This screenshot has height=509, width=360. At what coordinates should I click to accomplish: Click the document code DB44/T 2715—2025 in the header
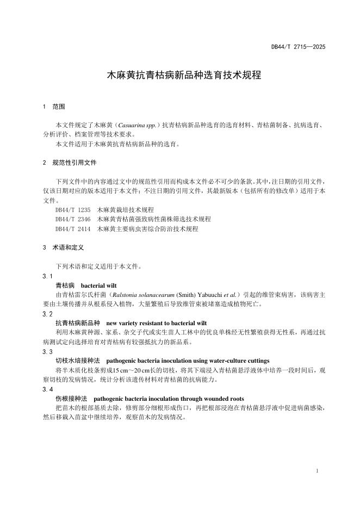(x=298, y=47)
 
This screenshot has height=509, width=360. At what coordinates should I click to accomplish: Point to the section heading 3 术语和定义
(x=63, y=247)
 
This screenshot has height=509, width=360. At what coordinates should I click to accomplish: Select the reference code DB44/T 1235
(x=73, y=209)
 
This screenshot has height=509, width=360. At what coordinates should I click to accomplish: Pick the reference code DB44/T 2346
(x=73, y=219)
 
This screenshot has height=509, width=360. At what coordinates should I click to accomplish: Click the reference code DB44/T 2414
(x=73, y=229)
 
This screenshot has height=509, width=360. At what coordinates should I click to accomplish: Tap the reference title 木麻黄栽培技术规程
(x=125, y=209)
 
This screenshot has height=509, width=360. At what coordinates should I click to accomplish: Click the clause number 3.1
(x=47, y=276)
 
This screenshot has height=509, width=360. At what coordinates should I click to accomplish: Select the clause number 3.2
(x=47, y=314)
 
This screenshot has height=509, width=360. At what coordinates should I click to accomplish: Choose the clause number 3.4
(x=47, y=389)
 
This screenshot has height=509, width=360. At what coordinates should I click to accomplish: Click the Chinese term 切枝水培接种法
(x=78, y=361)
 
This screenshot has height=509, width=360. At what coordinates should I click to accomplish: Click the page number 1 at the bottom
(x=316, y=470)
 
